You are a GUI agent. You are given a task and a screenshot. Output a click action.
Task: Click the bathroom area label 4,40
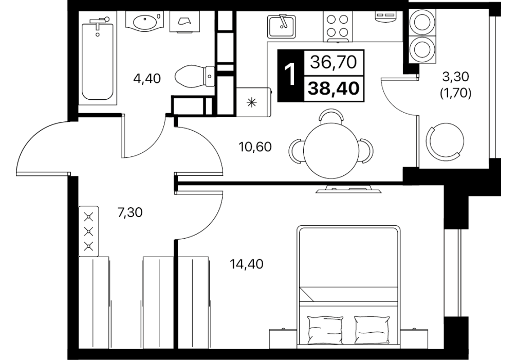[x=147, y=79]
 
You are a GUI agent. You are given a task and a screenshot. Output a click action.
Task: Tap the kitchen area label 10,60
[x=255, y=147]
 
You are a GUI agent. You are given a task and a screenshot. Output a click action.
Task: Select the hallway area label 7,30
[x=130, y=213]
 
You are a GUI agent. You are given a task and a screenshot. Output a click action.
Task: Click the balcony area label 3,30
[x=455, y=77]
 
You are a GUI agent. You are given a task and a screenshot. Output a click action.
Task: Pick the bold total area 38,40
[x=333, y=88]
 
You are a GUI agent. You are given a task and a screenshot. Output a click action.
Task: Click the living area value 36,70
[x=334, y=62]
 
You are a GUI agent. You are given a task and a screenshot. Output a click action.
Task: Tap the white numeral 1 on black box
[x=289, y=75]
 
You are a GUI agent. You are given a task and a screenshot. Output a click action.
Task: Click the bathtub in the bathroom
[x=97, y=59]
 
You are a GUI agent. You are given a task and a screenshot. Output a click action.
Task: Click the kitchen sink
[x=281, y=26]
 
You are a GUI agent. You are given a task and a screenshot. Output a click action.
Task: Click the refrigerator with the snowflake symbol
[x=253, y=102]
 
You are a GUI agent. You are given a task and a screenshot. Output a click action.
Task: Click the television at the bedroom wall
[x=349, y=190]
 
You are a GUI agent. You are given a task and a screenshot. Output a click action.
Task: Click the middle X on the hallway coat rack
[x=89, y=231]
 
